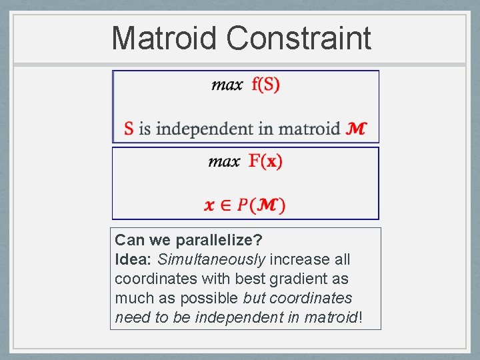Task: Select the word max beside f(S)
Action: click(x=227, y=85)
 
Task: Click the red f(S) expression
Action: click(x=266, y=85)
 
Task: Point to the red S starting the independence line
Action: click(x=129, y=128)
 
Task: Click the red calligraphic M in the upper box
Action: click(x=356, y=128)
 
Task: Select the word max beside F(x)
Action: click(x=224, y=162)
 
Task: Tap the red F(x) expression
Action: click(x=265, y=161)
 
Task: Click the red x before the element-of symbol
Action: click(x=209, y=205)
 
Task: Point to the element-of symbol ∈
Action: click(x=225, y=205)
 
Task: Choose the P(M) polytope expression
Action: click(x=261, y=205)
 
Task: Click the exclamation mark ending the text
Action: click(x=361, y=317)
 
